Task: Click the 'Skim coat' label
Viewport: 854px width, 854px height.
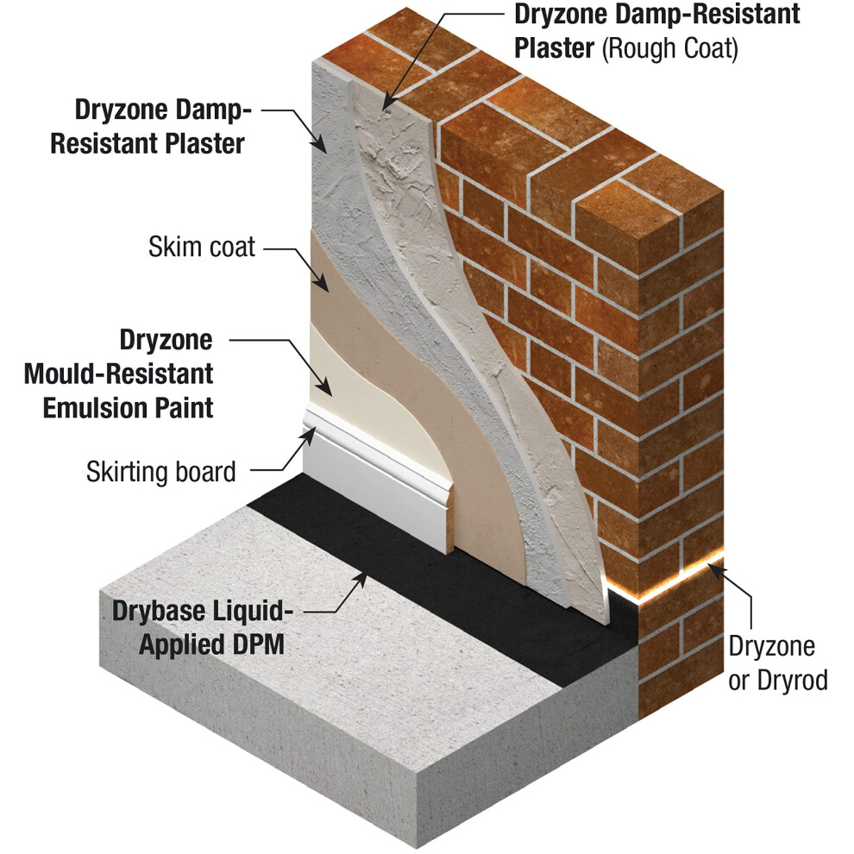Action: [202, 247]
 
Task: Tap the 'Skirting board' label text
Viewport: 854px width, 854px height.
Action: [161, 472]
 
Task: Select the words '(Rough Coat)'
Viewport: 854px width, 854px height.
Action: [670, 48]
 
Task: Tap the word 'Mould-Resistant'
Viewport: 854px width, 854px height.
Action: [119, 374]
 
